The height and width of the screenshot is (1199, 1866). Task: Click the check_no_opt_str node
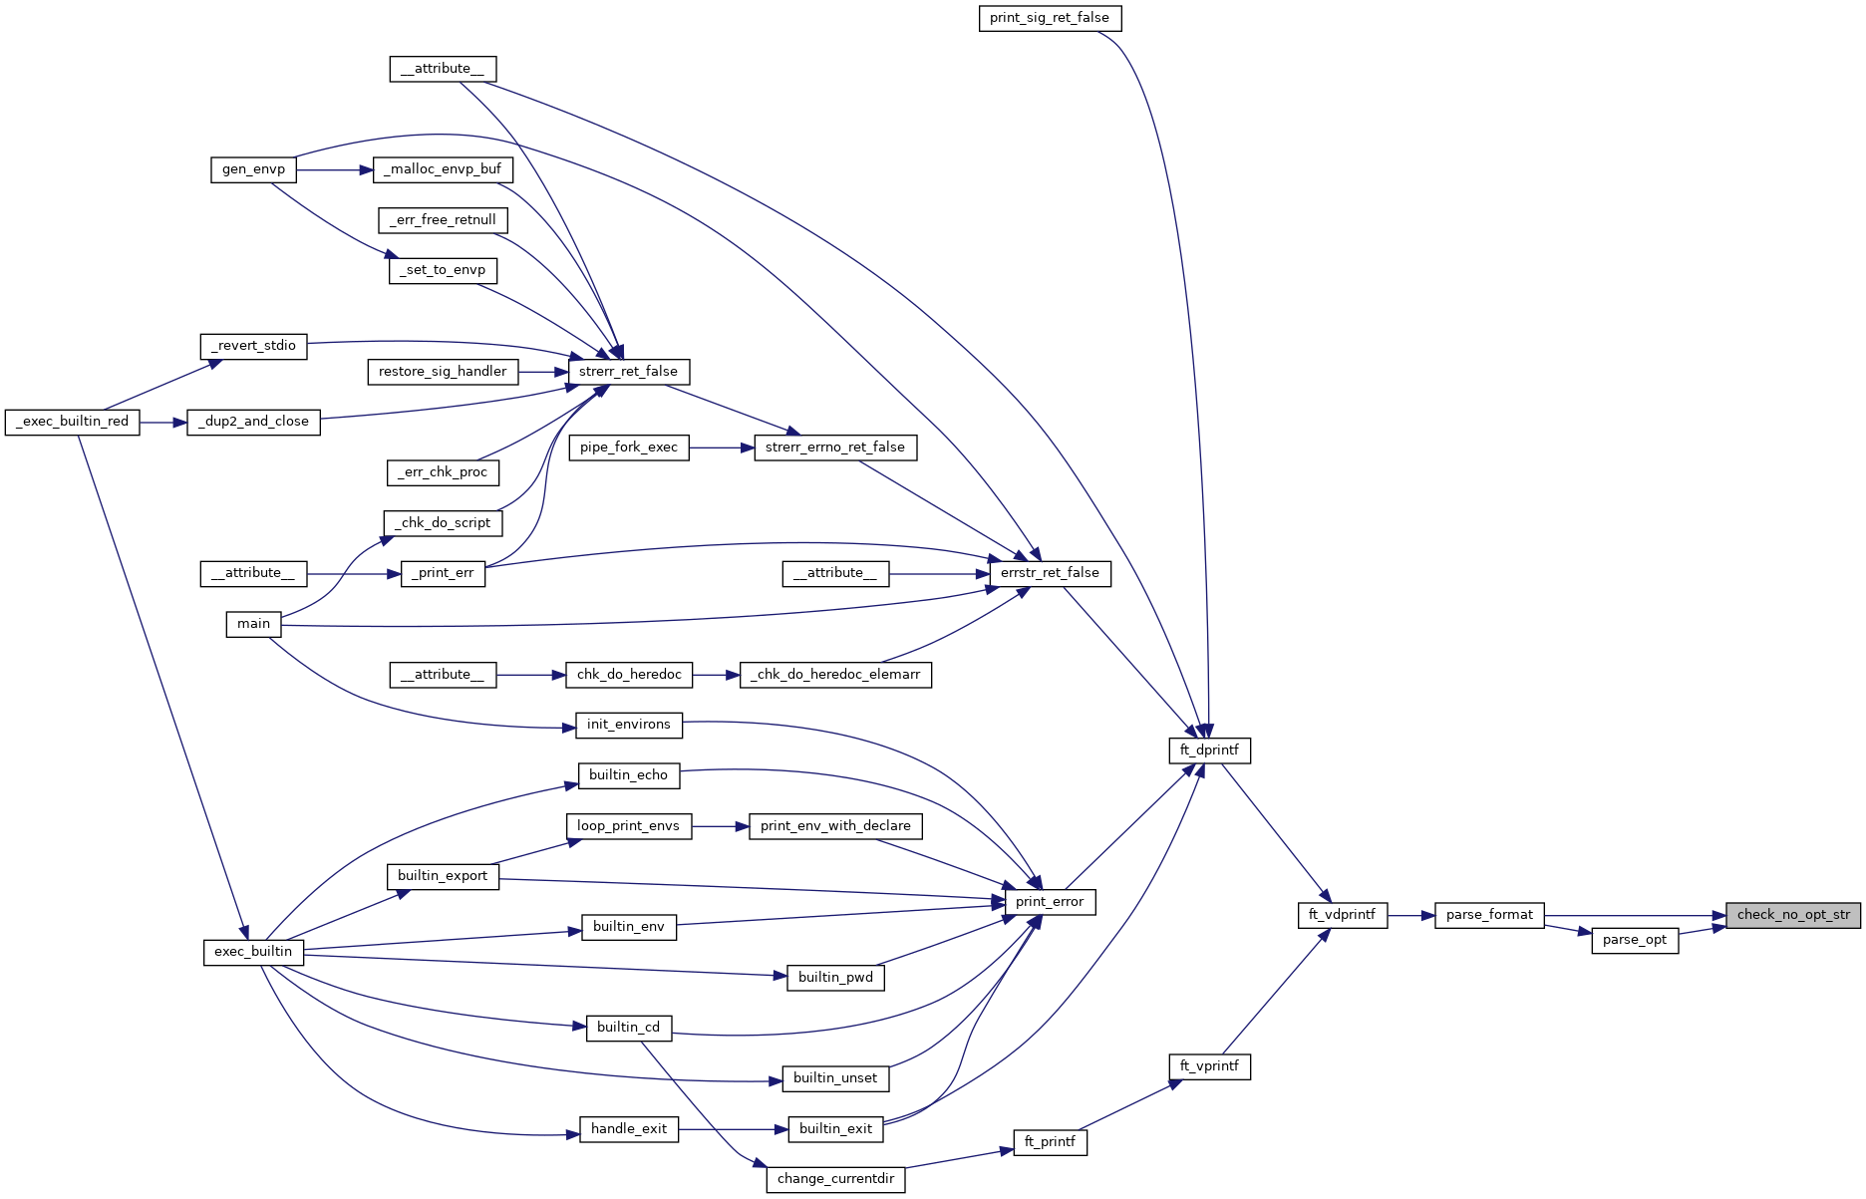1792,915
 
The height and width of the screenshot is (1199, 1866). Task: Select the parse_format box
1489,915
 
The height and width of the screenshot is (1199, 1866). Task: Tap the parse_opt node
1635,940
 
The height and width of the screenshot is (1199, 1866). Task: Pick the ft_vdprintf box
1342,915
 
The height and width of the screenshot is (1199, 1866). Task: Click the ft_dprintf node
1209,750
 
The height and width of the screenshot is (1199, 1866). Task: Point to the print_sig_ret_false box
1050,18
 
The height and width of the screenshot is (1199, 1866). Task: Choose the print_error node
1050,902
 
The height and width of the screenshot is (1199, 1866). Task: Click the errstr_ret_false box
1050,573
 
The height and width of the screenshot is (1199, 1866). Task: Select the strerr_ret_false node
628,372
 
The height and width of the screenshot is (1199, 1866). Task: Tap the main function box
253,624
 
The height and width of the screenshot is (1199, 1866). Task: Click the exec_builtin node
253,952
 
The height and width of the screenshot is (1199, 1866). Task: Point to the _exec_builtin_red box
73,422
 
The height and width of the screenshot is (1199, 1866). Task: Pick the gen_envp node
253,169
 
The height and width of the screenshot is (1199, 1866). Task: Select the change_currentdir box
835,1179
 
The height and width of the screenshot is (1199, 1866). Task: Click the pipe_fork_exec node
628,448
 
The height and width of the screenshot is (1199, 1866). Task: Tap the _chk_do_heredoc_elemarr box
835,675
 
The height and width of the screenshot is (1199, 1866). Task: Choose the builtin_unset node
835,1078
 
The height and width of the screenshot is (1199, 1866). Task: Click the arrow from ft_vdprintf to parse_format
1410,915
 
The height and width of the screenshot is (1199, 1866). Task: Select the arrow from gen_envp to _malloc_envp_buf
334,169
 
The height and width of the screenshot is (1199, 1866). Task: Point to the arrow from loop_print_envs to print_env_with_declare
720,826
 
